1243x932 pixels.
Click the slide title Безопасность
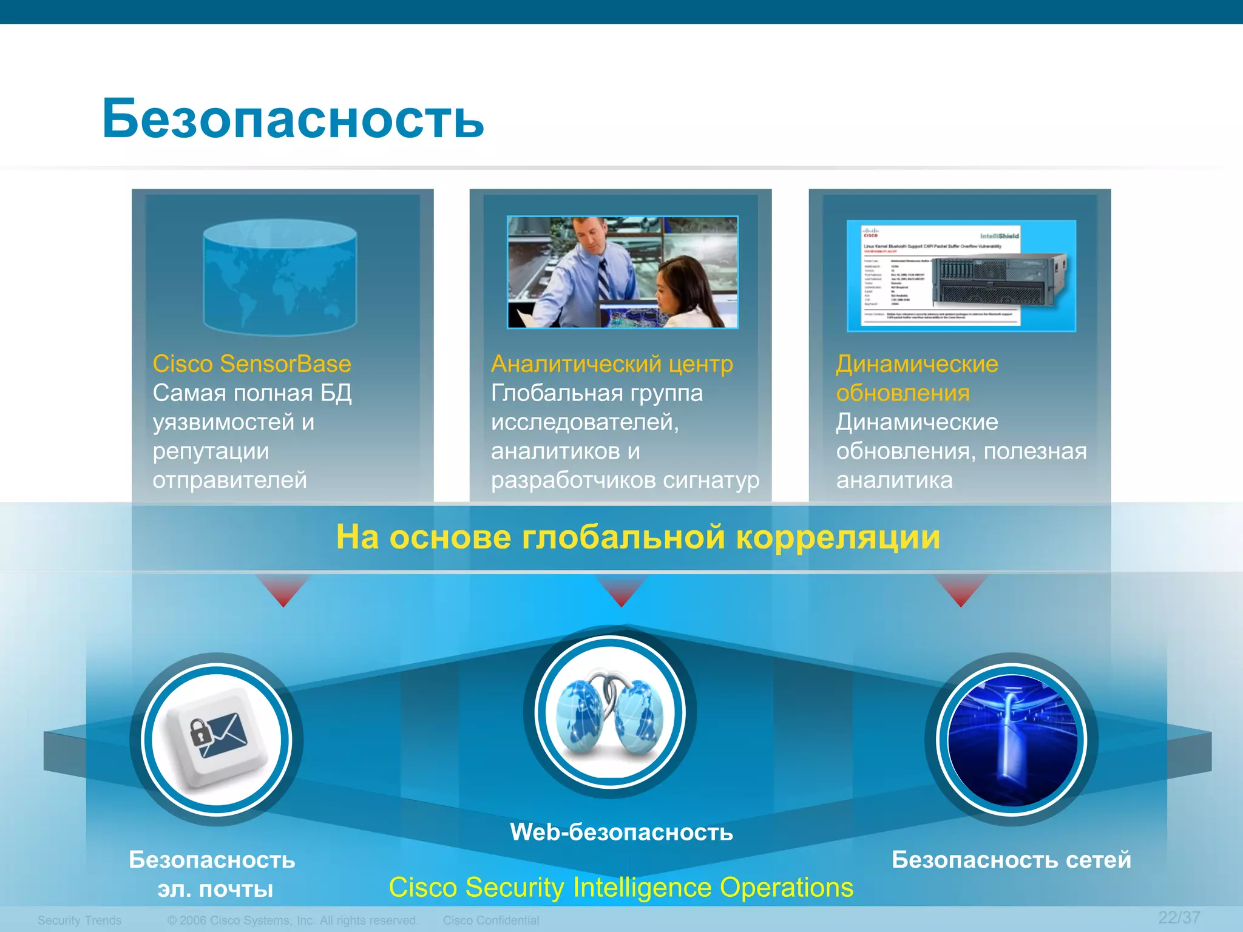(293, 118)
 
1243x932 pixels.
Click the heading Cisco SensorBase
(252, 364)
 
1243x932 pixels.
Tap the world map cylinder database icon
(280, 277)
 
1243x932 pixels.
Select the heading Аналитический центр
(612, 364)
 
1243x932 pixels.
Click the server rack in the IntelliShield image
(998, 280)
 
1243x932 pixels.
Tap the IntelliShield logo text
(1000, 235)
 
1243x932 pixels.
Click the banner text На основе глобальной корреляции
(638, 538)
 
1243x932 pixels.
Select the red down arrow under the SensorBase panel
(283, 590)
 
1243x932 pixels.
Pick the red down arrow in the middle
(621, 590)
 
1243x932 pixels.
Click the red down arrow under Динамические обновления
(961, 590)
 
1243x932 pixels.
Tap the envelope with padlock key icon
(217, 738)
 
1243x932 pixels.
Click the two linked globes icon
(610, 712)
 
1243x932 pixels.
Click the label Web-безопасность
(621, 832)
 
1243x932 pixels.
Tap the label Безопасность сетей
(1011, 860)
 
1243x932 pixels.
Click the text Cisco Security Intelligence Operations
(621, 888)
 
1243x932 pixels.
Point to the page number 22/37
(1179, 917)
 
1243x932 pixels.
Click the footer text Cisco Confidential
(491, 920)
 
